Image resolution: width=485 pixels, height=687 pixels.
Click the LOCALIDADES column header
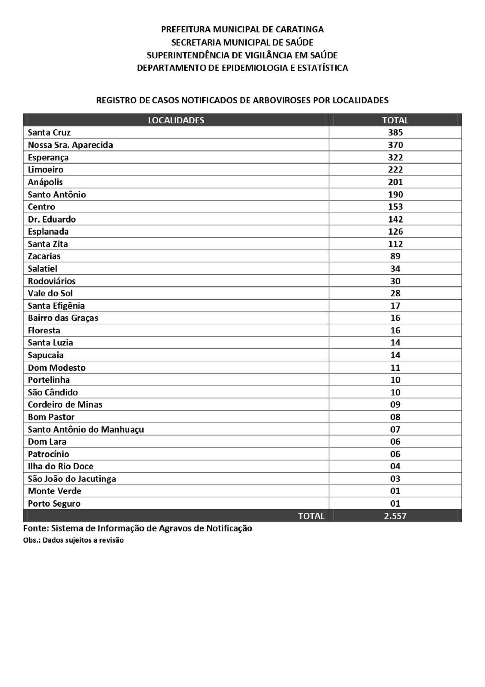pos(176,120)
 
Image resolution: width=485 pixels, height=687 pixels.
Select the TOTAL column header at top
pos(395,120)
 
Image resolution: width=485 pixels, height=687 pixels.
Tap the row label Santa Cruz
pos(49,133)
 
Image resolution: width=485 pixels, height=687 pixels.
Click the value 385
pos(395,133)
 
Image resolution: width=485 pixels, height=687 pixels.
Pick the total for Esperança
pos(395,157)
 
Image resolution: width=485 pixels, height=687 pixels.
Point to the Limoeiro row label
pos(46,170)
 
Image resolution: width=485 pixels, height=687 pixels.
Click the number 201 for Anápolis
pos(395,182)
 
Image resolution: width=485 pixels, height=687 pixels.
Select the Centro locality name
pos(41,207)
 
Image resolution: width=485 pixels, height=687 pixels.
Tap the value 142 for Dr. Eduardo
pos(395,219)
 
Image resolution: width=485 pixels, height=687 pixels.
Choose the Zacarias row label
pos(44,256)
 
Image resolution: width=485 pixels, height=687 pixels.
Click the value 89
pos(395,256)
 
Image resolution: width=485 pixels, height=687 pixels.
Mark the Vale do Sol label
pos(50,293)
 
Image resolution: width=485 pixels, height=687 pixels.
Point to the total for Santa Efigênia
pos(395,305)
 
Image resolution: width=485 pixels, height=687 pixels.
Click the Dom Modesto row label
pos(57,368)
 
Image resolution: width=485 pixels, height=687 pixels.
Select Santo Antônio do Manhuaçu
pos(86,429)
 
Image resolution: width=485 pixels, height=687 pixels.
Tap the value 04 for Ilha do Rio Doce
pos(395,466)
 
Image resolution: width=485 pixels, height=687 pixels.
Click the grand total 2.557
pos(395,516)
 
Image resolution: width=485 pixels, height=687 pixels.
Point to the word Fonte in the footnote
pos(36,528)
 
